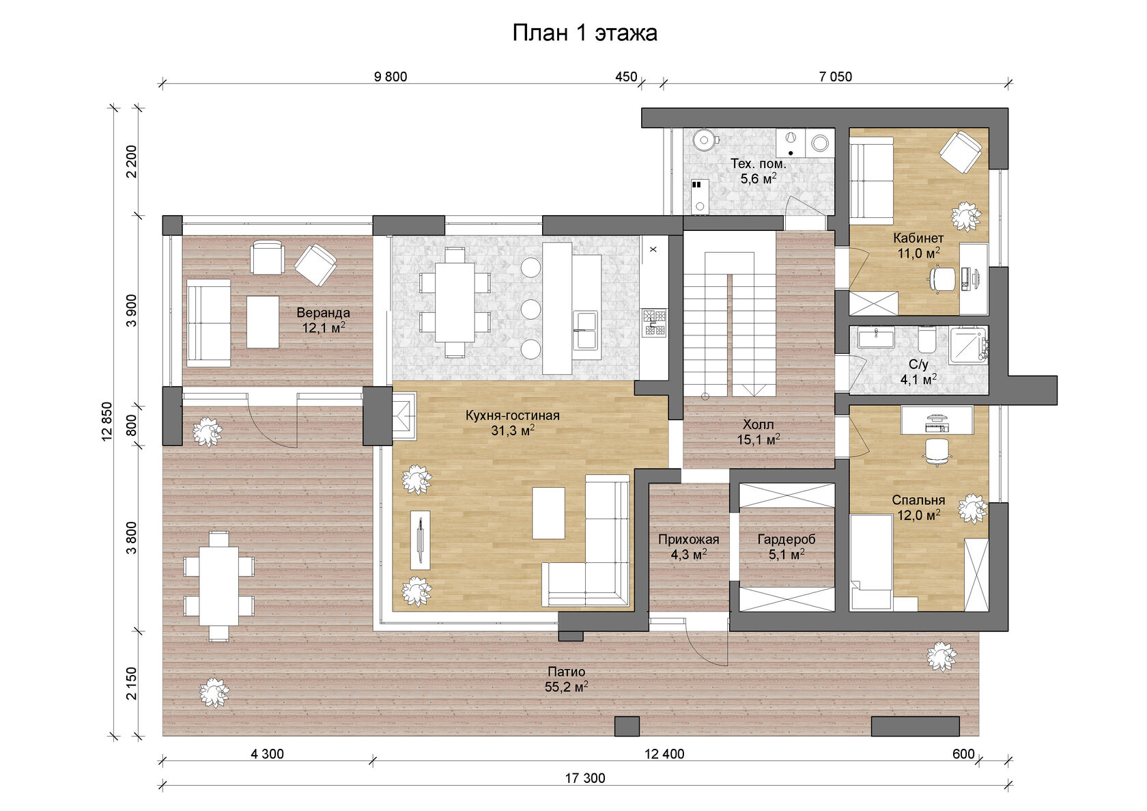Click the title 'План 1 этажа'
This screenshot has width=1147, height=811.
584,33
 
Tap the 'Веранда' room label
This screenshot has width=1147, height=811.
323,312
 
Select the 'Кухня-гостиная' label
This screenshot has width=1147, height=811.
512,415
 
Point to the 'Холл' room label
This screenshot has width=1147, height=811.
759,425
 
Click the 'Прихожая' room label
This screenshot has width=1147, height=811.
689,540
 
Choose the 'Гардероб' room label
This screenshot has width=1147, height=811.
787,540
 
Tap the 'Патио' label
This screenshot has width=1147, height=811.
567,672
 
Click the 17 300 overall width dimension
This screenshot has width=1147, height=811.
584,778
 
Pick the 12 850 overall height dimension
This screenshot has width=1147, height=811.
107,421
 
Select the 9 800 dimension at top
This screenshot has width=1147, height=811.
391,77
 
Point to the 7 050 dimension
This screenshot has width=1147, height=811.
835,77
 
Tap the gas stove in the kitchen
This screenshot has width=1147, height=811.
654,322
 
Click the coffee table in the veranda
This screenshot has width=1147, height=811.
263,322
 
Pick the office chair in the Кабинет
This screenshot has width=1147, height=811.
941,279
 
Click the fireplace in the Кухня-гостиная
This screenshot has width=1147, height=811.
404,416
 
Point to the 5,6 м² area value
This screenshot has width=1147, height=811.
759,179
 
